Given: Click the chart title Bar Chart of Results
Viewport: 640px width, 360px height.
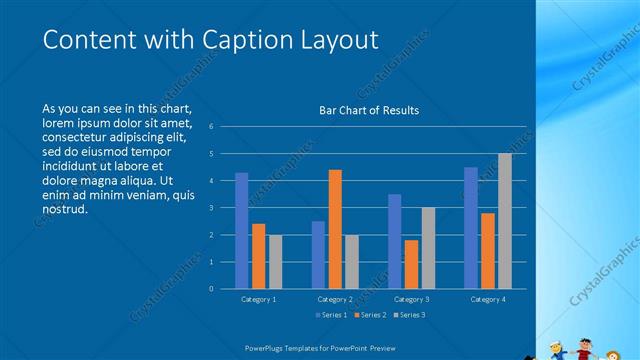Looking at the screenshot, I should click(x=368, y=110).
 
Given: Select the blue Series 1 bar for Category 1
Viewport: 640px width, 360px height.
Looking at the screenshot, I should click(x=242, y=231).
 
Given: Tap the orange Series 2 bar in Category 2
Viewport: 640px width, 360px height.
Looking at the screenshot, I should click(x=335, y=229).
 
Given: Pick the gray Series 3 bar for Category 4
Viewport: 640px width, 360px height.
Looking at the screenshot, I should click(x=505, y=221).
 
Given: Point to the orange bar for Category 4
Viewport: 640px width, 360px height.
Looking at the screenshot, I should click(x=488, y=251).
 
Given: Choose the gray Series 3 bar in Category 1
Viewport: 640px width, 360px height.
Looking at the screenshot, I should click(x=275, y=262).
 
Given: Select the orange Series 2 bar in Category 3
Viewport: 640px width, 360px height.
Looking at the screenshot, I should click(x=411, y=264).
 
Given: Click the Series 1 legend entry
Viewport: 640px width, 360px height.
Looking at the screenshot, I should click(x=333, y=316).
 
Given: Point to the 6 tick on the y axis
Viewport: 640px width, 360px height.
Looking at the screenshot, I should click(x=211, y=127).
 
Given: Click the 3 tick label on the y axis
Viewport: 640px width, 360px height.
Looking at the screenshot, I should click(x=211, y=208).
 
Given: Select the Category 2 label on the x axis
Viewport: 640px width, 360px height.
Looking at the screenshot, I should click(x=335, y=299).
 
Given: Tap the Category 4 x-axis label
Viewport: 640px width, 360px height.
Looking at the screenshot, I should click(x=488, y=299).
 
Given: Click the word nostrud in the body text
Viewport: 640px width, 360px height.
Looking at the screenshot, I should click(x=66, y=210).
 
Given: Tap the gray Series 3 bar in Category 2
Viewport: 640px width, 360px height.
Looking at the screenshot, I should click(x=352, y=262).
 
